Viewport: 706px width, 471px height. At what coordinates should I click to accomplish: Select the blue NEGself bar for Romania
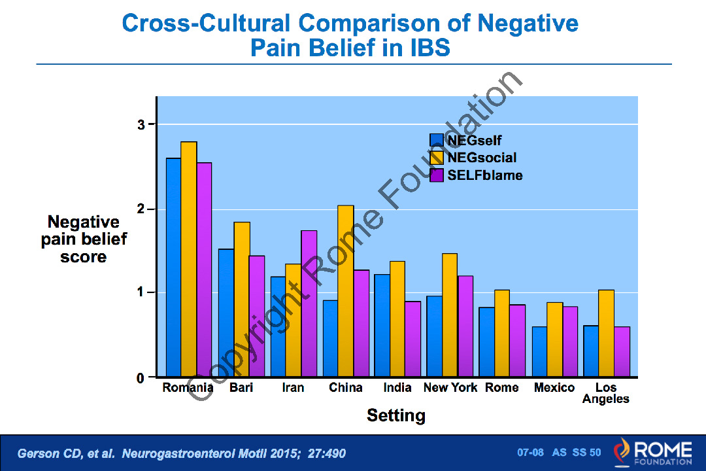174,268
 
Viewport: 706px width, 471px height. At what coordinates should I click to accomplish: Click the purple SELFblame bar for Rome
517,341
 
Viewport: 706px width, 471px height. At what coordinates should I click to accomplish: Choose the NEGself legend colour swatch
437,140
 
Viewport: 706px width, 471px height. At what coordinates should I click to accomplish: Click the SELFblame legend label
485,175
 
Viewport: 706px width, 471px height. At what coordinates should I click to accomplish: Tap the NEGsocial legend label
482,158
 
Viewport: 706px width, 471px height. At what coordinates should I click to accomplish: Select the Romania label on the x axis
188,388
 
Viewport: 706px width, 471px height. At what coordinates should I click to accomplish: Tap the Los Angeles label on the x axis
606,393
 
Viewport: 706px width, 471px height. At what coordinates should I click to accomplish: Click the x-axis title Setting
396,415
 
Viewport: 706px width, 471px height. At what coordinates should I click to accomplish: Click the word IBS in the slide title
426,48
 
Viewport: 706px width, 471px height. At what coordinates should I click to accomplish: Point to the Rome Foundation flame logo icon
621,452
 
